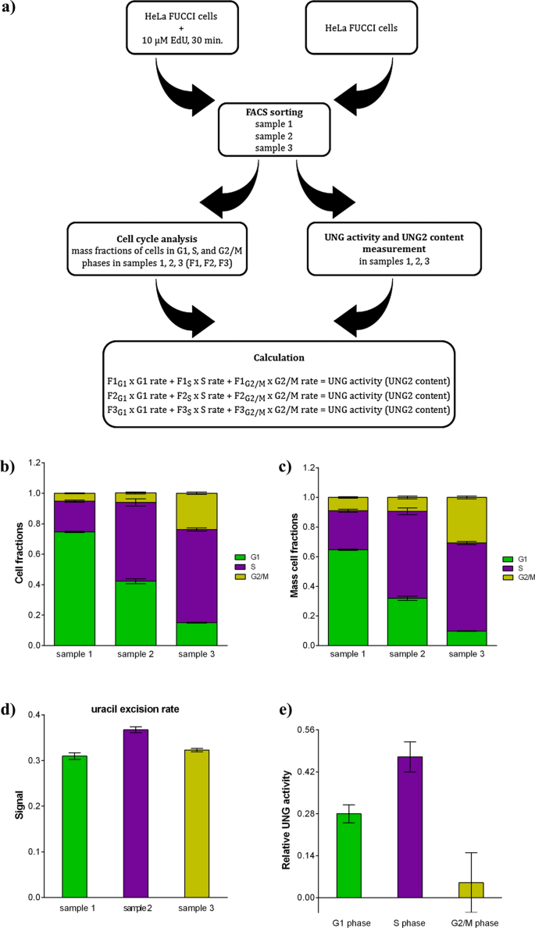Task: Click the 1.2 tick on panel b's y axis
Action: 35,463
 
